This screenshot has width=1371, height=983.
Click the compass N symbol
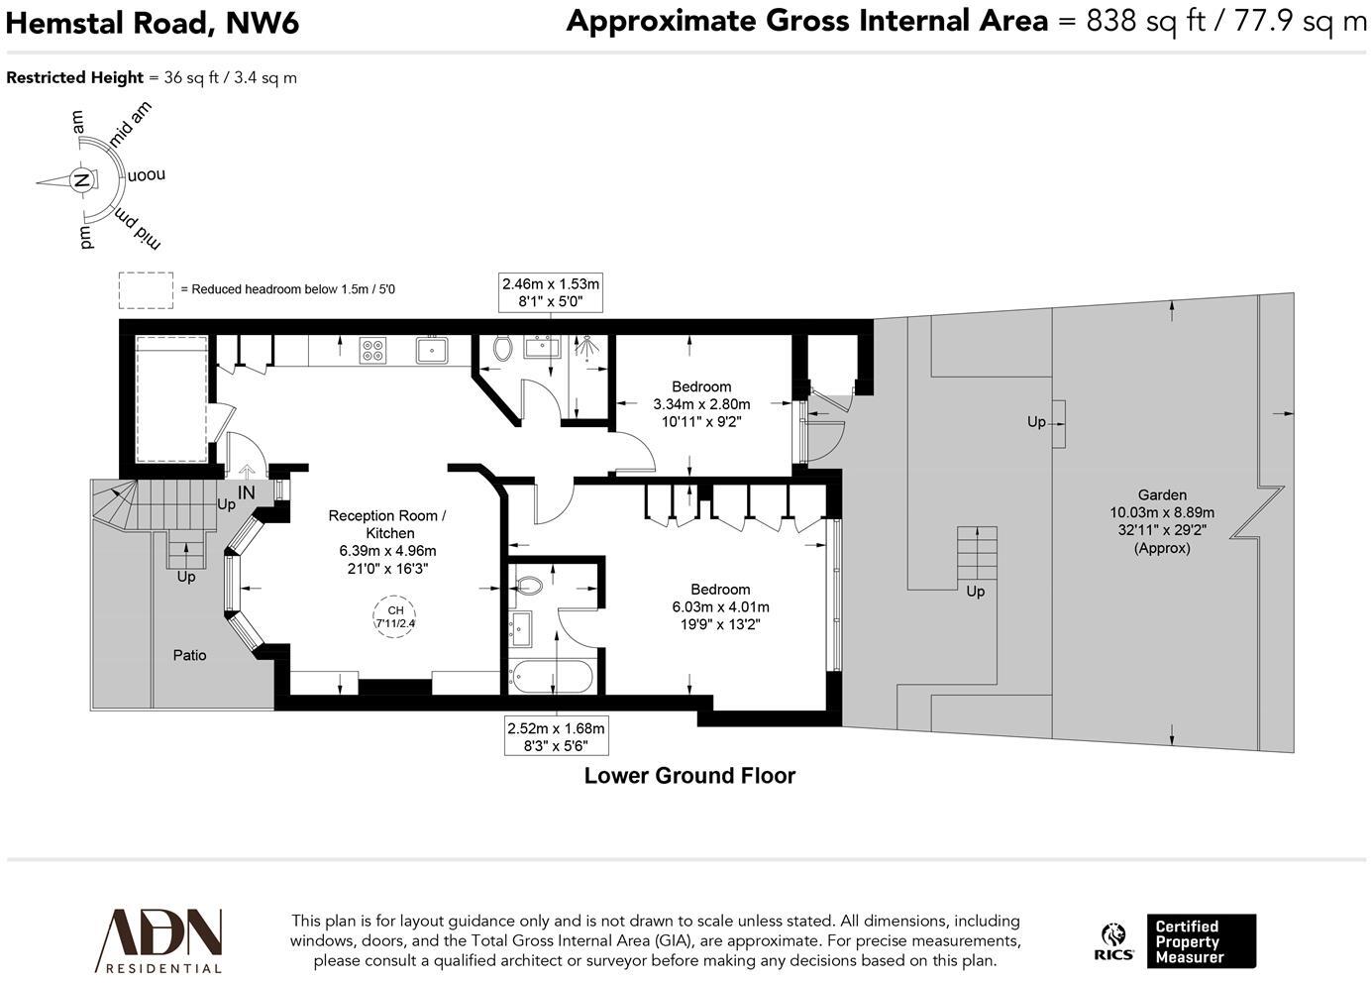[x=82, y=181]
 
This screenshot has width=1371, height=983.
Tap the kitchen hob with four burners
[x=373, y=350]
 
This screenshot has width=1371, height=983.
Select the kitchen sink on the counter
[x=432, y=350]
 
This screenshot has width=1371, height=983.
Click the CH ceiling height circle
[x=395, y=616]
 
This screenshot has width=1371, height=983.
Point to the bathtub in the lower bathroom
[x=552, y=679]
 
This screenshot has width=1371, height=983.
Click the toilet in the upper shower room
[x=502, y=348]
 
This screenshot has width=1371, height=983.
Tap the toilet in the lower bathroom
[x=526, y=586]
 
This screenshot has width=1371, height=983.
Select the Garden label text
[x=1162, y=495]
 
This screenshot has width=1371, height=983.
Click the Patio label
[x=190, y=655]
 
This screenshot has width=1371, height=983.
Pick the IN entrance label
[x=246, y=492]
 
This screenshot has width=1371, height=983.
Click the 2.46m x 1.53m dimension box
[x=551, y=292]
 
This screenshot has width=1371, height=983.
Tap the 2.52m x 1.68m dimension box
[x=555, y=736]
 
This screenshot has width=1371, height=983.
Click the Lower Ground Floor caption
[x=689, y=776]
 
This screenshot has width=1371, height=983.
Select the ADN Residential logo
[x=158, y=940]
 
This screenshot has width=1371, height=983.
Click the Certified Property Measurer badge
[x=1200, y=941]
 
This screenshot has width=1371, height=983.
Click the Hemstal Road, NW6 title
[x=153, y=22]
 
